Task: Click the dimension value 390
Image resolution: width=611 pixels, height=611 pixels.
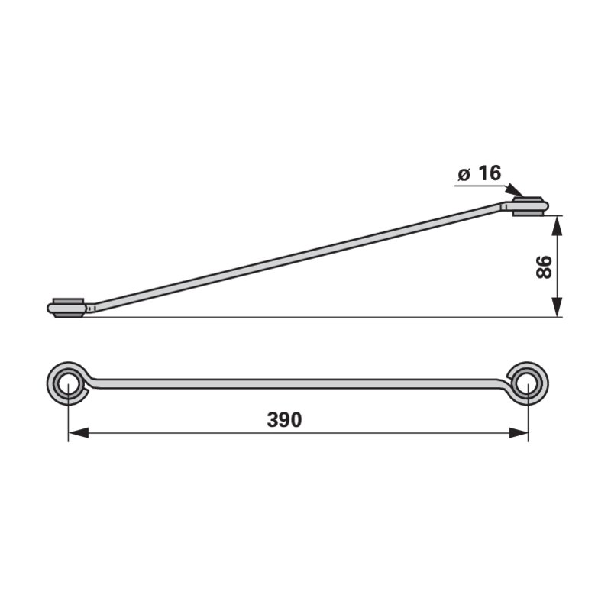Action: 284,419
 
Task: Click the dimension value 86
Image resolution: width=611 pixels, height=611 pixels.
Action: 545,267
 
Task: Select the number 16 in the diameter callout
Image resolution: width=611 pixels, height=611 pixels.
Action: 490,173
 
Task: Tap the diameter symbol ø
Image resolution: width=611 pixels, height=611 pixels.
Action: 464,175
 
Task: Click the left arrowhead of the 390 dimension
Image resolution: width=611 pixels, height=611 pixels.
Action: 78,432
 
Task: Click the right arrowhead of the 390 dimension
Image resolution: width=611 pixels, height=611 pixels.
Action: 519,432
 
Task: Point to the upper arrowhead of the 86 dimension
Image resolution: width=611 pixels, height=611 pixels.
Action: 558,225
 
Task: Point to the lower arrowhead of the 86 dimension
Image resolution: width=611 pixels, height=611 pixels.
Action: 558,307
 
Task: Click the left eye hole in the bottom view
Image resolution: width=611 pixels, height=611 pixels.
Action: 68,383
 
